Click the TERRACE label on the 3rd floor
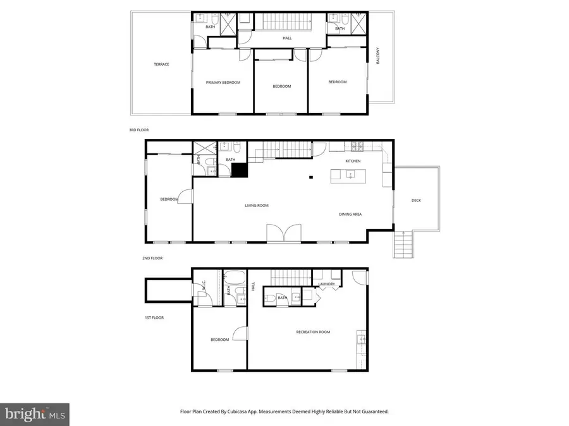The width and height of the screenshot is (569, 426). tap(161, 64)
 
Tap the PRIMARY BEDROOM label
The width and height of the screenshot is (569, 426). tap(223, 82)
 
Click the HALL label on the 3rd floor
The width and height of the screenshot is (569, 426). tap(287, 38)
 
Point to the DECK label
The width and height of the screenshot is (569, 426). tap(416, 201)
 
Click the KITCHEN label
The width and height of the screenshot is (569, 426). tap(353, 162)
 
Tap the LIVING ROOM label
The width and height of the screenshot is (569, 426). tap(257, 205)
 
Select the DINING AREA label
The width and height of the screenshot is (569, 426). tap(350, 215)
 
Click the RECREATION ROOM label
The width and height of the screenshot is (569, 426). tap(313, 332)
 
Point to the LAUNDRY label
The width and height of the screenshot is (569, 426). tap(326, 285)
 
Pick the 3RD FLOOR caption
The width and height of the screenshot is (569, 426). tap(138, 130)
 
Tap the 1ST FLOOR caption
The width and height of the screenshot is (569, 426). tap(155, 317)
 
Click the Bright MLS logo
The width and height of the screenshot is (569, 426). tap(35, 414)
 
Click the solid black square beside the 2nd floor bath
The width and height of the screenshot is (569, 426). tap(238, 169)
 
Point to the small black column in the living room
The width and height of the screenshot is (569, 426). tap(310, 178)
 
